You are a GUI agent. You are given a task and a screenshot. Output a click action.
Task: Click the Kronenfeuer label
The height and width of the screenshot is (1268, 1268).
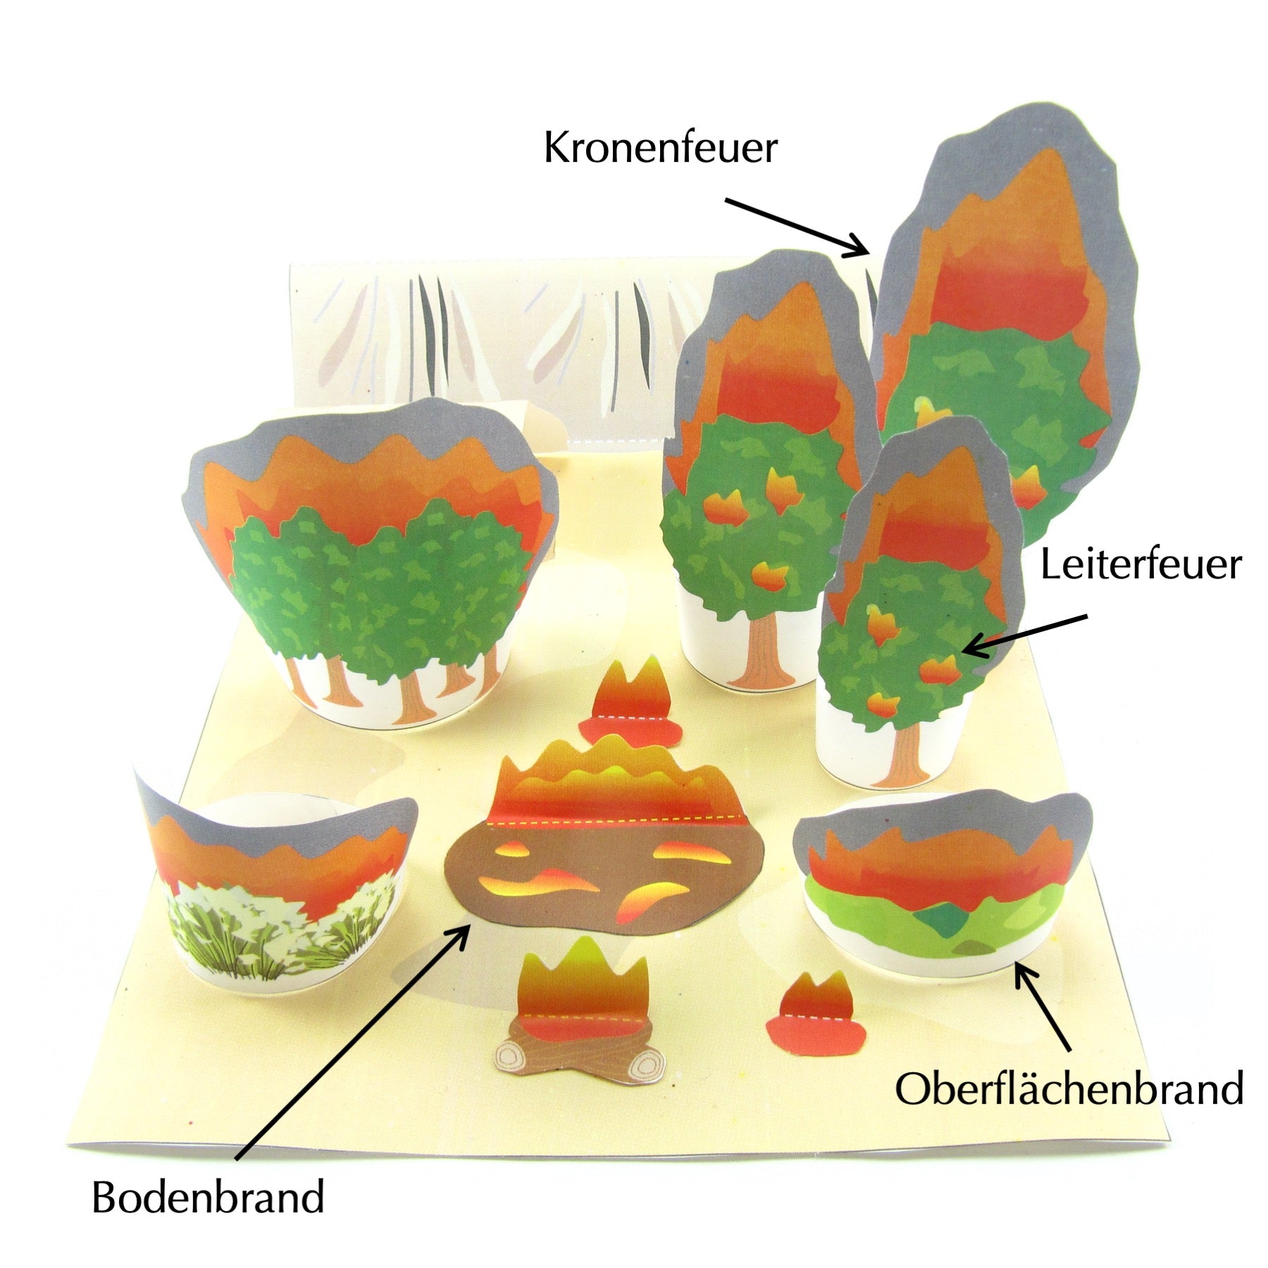coord(660,149)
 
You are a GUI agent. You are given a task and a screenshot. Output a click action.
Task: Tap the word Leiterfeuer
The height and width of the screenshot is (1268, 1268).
coord(1140,566)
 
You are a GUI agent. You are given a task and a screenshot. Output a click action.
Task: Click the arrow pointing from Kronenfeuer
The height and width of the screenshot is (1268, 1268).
coord(797,227)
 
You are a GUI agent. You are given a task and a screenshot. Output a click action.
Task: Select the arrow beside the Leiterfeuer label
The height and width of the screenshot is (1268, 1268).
coord(1025,633)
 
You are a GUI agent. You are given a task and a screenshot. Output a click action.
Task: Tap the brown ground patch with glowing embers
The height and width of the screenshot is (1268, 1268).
coord(606,874)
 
